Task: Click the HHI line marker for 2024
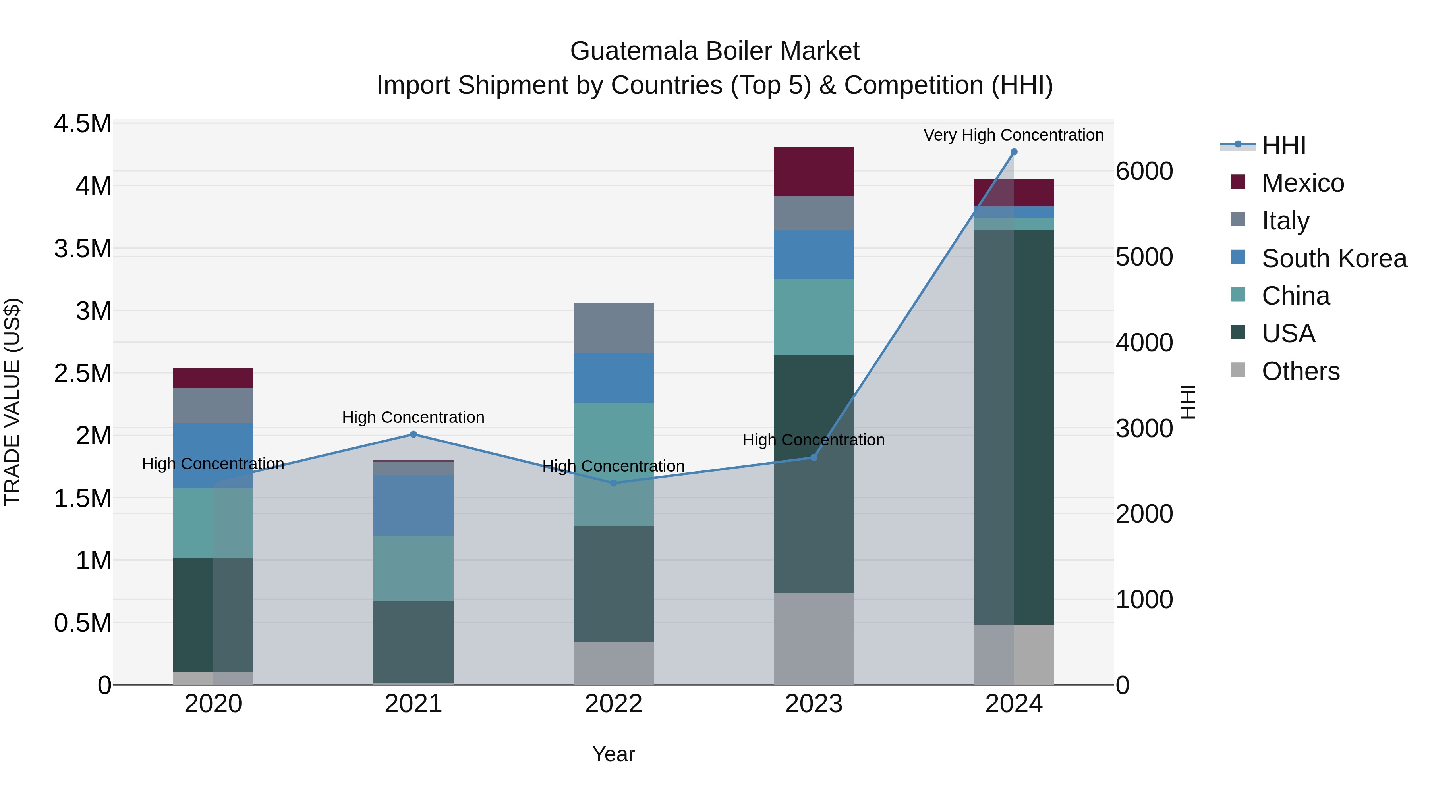click(x=1014, y=152)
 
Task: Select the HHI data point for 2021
click(x=413, y=434)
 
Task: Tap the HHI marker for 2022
click(x=613, y=483)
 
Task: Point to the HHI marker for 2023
click(x=814, y=458)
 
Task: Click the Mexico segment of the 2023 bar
click(x=814, y=172)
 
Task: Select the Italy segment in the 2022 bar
click(x=613, y=328)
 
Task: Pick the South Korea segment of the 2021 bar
click(x=413, y=505)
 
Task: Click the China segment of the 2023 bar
click(x=814, y=317)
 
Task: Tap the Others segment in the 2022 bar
click(x=613, y=663)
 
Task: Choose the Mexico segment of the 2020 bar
click(x=213, y=378)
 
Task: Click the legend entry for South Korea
click(x=1334, y=258)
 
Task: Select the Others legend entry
click(x=1301, y=371)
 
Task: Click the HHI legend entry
click(x=1283, y=145)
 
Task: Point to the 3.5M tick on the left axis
click(x=83, y=249)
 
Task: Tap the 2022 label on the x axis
click(x=613, y=704)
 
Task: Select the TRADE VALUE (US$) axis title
click(x=12, y=402)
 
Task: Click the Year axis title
click(x=613, y=754)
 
